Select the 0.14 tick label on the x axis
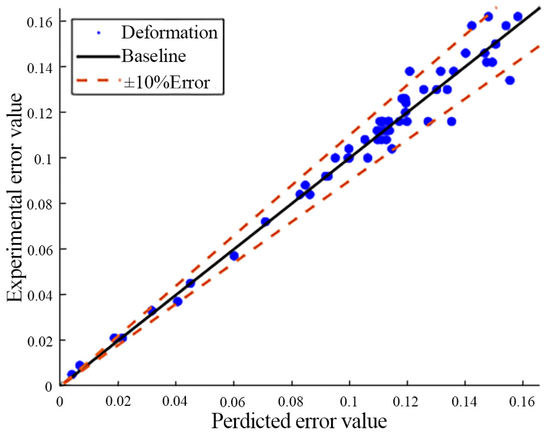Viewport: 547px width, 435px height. (464, 402)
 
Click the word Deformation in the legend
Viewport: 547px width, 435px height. (170, 32)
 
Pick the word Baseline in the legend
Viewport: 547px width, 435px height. (154, 56)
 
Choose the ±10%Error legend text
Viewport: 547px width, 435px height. (167, 83)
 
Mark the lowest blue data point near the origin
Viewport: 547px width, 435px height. (71, 374)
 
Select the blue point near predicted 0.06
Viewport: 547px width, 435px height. (234, 256)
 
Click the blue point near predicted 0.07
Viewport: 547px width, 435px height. (265, 222)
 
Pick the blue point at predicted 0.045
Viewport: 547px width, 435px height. (190, 283)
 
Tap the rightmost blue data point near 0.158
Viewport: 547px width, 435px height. (518, 17)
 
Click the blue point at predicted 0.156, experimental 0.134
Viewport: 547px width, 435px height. (510, 80)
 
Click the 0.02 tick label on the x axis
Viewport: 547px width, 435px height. (118, 402)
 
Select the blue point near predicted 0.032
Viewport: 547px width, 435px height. (152, 310)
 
